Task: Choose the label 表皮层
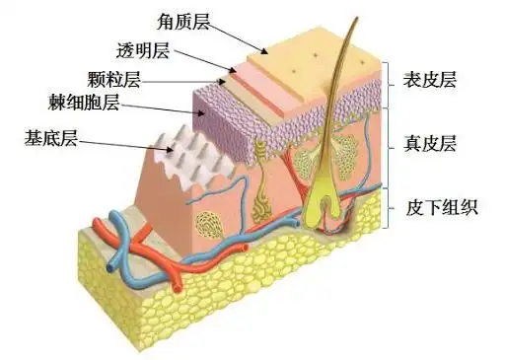pyautogui.click(x=432, y=78)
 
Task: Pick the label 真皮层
pyautogui.click(x=432, y=144)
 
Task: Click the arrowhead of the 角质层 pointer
pyautogui.click(x=265, y=50)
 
